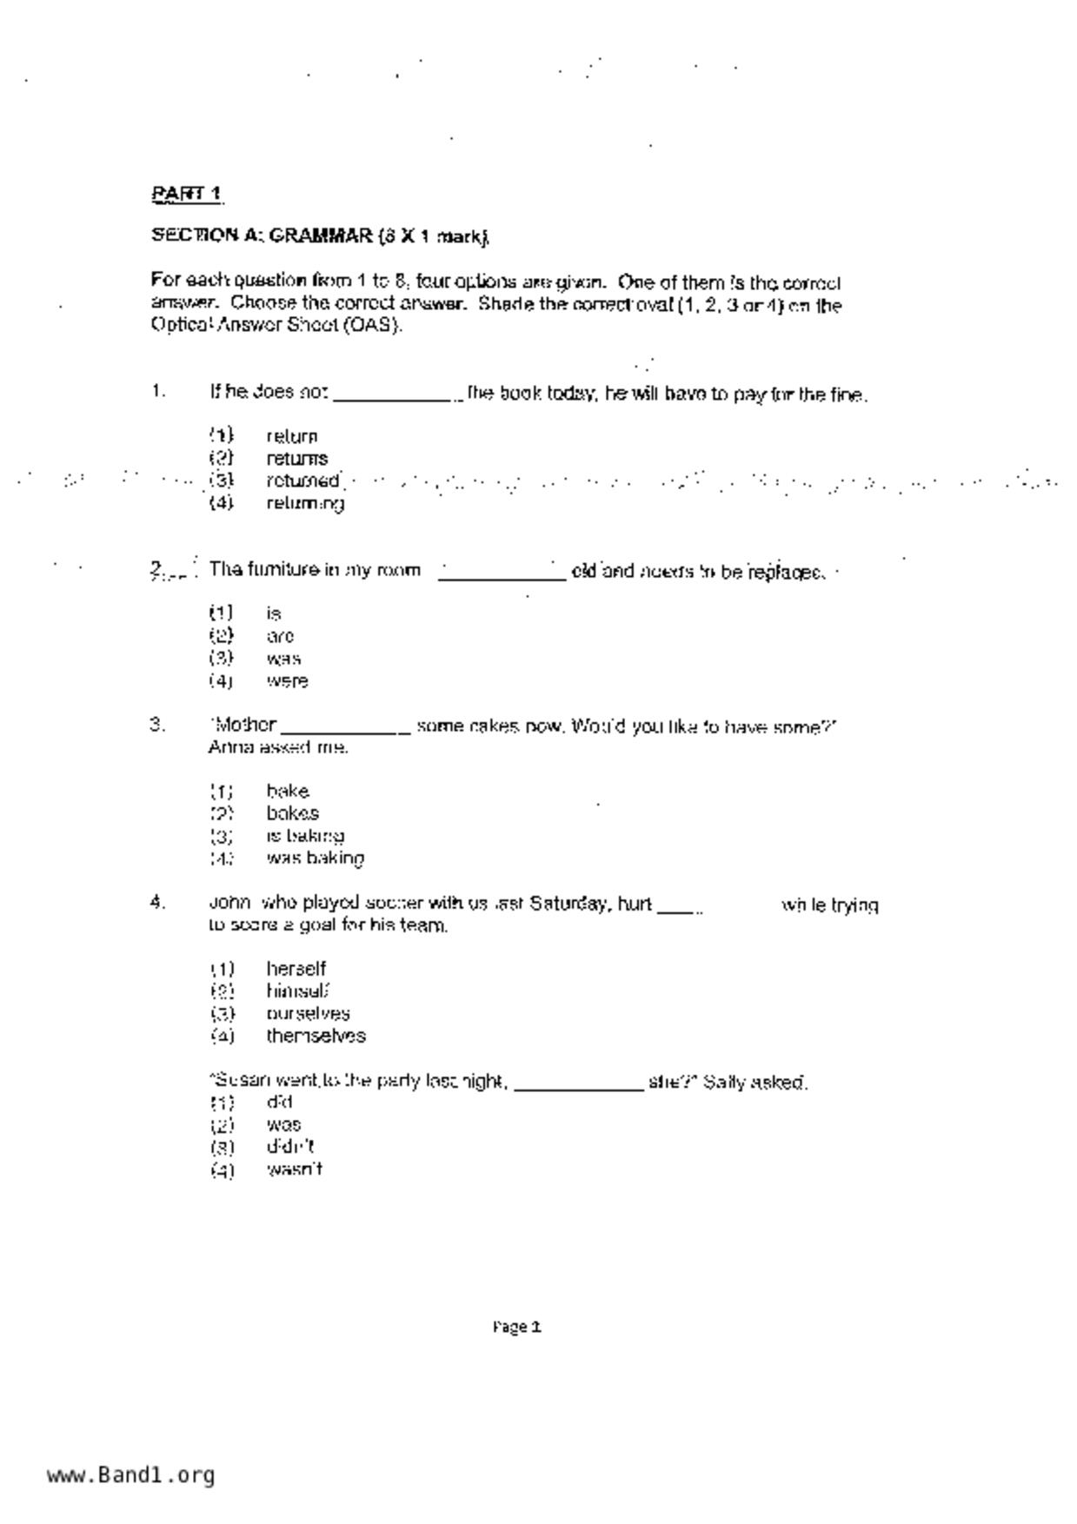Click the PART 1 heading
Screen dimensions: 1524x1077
tap(187, 194)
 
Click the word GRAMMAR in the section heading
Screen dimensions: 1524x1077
tap(320, 235)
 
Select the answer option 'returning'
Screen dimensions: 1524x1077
tap(305, 503)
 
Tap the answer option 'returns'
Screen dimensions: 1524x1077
tap(296, 458)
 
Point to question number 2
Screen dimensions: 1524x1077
tap(156, 570)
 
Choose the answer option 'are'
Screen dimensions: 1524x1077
tap(280, 636)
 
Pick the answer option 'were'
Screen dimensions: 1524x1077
tap(287, 681)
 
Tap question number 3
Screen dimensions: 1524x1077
tap(156, 725)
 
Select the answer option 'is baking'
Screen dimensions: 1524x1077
tap(305, 836)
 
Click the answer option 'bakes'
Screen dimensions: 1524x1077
tap(292, 813)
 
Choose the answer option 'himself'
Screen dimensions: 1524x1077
tap(297, 991)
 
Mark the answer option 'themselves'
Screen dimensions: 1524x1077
tap(316, 1036)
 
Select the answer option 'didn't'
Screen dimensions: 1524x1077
tap(289, 1147)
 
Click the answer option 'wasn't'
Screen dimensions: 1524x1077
tap(294, 1170)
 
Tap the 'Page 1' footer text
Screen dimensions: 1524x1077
tap(517, 1327)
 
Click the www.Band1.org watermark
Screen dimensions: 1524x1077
tap(130, 1474)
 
